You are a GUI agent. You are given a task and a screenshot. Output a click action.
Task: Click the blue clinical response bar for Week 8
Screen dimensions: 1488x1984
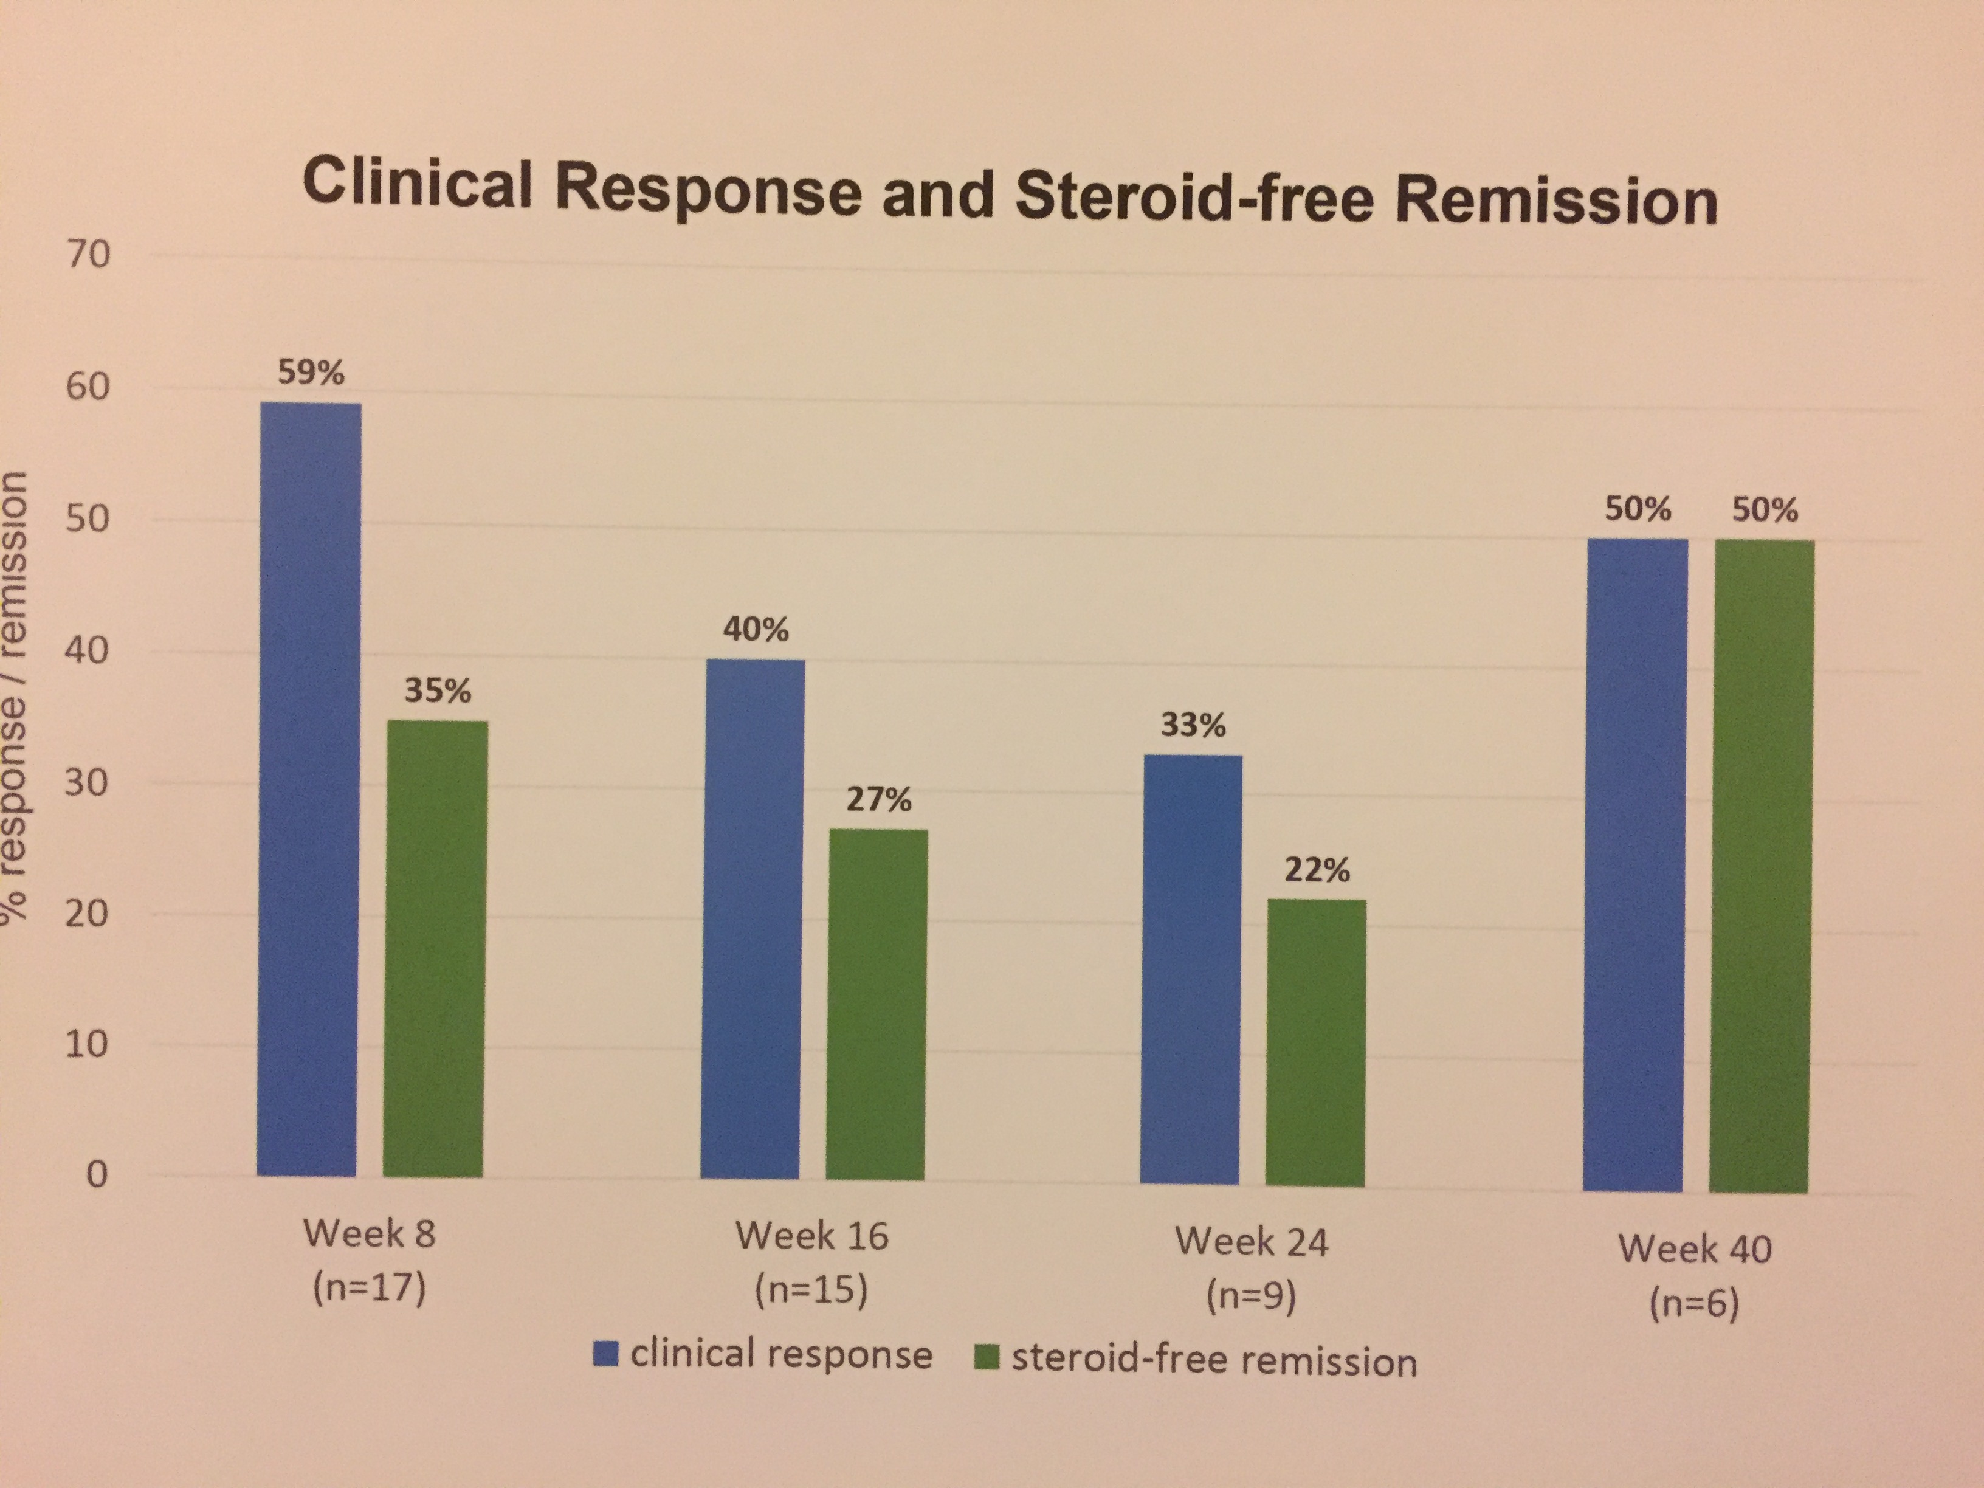309,790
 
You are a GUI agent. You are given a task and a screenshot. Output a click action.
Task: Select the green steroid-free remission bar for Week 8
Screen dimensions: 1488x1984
435,948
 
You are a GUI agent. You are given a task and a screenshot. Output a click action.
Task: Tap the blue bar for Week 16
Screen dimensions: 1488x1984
752,919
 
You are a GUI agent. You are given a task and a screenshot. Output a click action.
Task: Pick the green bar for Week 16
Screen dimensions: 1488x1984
877,1005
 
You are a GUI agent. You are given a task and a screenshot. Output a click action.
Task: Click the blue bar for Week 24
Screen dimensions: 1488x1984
1191,969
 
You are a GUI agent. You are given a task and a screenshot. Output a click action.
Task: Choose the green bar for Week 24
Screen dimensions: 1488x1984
1316,1042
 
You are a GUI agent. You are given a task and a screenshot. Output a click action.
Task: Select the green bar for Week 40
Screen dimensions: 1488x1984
1760,866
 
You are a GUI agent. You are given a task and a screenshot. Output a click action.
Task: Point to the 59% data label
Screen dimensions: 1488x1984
311,372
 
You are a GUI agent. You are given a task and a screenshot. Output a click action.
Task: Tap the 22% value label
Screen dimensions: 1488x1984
1317,869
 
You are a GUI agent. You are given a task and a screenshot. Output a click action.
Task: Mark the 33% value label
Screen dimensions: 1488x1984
1193,725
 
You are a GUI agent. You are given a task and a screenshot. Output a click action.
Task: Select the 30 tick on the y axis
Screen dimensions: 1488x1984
87,783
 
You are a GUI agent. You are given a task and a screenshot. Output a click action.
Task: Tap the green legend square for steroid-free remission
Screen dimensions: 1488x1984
987,1358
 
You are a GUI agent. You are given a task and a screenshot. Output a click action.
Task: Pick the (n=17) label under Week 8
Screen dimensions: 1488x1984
368,1288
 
